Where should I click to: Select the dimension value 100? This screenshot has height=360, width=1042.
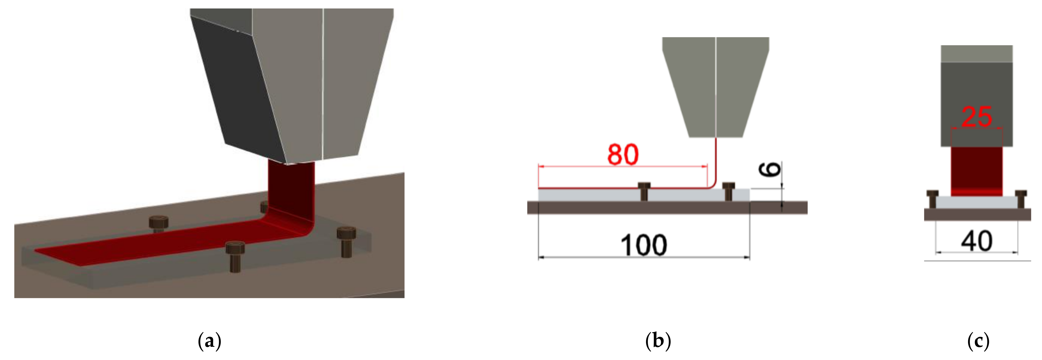point(643,245)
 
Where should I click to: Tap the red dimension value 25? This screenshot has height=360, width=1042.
point(976,117)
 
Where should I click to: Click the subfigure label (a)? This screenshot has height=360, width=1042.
point(209,341)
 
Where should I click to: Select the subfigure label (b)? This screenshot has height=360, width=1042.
point(658,341)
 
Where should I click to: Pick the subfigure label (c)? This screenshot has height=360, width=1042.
point(978,341)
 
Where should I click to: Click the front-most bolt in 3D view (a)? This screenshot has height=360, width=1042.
point(235,256)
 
